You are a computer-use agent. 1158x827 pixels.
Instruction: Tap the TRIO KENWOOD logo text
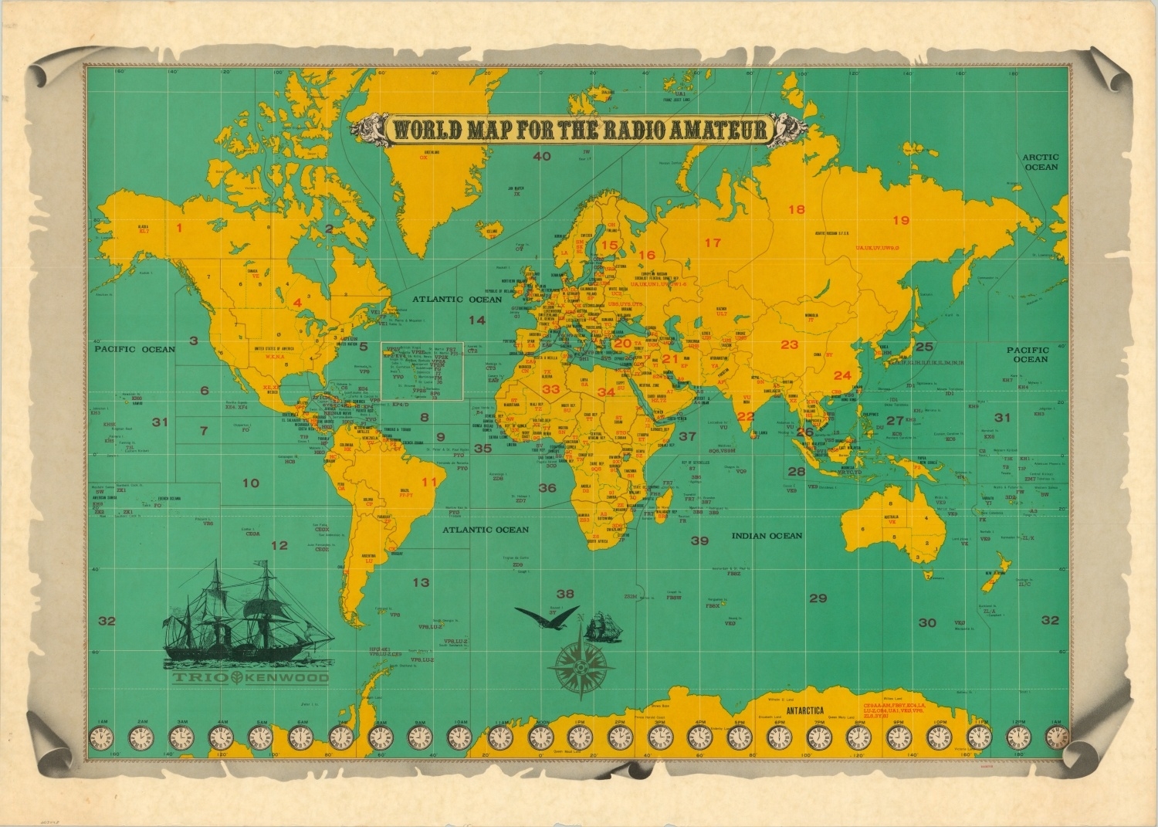coord(251,678)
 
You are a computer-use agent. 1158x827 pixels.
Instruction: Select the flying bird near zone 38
coord(544,615)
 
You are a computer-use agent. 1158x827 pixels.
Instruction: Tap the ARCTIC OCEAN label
coord(1041,161)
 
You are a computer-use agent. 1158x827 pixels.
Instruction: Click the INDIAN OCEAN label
coord(767,535)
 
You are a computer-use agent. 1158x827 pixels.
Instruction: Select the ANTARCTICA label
coord(805,710)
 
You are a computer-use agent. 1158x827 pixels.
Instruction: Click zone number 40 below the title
coord(542,157)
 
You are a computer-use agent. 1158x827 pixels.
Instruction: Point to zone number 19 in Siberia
coord(901,220)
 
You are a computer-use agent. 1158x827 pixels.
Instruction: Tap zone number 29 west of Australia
coord(818,598)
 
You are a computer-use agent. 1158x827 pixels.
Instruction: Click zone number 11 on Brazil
coord(429,482)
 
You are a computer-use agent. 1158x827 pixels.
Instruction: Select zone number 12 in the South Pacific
coord(279,545)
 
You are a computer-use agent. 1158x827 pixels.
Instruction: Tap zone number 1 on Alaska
coord(179,228)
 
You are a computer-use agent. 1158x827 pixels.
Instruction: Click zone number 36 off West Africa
coord(547,488)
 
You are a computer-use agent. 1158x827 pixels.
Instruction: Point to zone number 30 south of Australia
coord(927,622)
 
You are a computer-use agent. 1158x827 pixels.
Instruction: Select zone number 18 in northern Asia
coord(796,209)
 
